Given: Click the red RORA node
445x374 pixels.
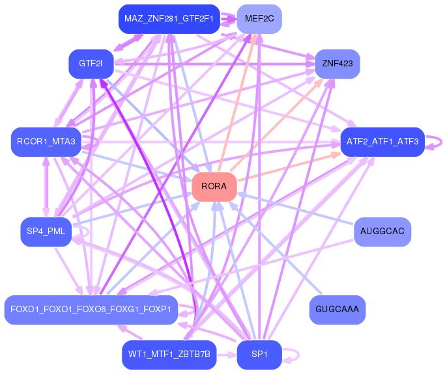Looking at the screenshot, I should click(x=214, y=187).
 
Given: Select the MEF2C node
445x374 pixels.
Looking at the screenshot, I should click(x=259, y=19).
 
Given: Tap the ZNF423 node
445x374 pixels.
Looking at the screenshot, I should click(x=337, y=64).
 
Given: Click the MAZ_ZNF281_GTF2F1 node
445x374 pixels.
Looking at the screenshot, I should click(x=169, y=19).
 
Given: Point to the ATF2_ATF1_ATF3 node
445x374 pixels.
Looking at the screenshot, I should click(x=382, y=141).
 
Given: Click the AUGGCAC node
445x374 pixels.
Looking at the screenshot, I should click(x=382, y=232).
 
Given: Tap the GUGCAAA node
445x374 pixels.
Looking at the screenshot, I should click(x=337, y=310).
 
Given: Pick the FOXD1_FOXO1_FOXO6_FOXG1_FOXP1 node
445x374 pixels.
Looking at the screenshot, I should click(x=91, y=309).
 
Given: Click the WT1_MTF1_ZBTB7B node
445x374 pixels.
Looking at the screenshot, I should click(x=169, y=354).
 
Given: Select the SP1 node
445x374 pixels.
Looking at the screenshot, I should click(x=259, y=354).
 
